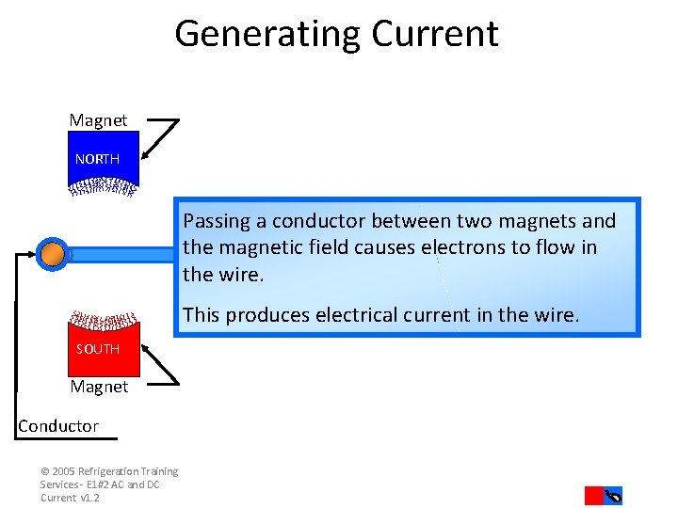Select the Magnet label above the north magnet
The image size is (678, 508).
tap(98, 120)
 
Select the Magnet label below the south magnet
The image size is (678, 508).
tap(99, 387)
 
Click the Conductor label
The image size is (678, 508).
tap(58, 426)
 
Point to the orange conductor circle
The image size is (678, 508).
tap(53, 253)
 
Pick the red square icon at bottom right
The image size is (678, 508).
tap(593, 496)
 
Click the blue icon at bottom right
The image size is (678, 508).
tap(613, 496)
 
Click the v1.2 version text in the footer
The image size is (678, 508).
tap(89, 498)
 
